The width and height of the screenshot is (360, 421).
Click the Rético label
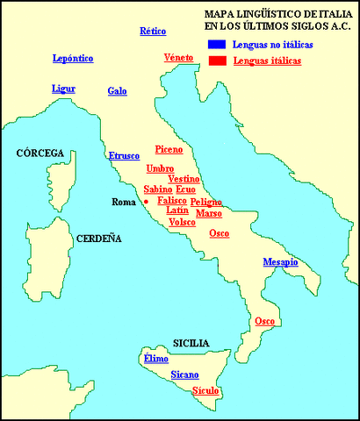[x=153, y=32]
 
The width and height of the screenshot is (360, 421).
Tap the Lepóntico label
[x=73, y=59]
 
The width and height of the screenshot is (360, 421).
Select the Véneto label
[x=179, y=58]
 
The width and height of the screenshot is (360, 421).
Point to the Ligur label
[x=64, y=89]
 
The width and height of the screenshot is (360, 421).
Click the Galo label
[x=118, y=91]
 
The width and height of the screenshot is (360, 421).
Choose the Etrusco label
[x=124, y=156]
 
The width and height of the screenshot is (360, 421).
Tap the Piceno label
[x=169, y=149]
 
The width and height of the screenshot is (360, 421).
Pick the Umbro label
[x=160, y=168]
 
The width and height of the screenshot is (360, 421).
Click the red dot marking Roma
[x=146, y=201]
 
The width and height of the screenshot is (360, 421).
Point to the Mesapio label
[x=281, y=262]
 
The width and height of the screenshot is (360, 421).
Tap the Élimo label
[x=155, y=359]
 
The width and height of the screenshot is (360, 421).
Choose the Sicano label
[x=184, y=375]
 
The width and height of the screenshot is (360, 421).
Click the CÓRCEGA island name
[x=40, y=153]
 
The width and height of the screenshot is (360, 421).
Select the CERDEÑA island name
[x=98, y=239]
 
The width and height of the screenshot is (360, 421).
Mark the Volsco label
[x=182, y=222]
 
